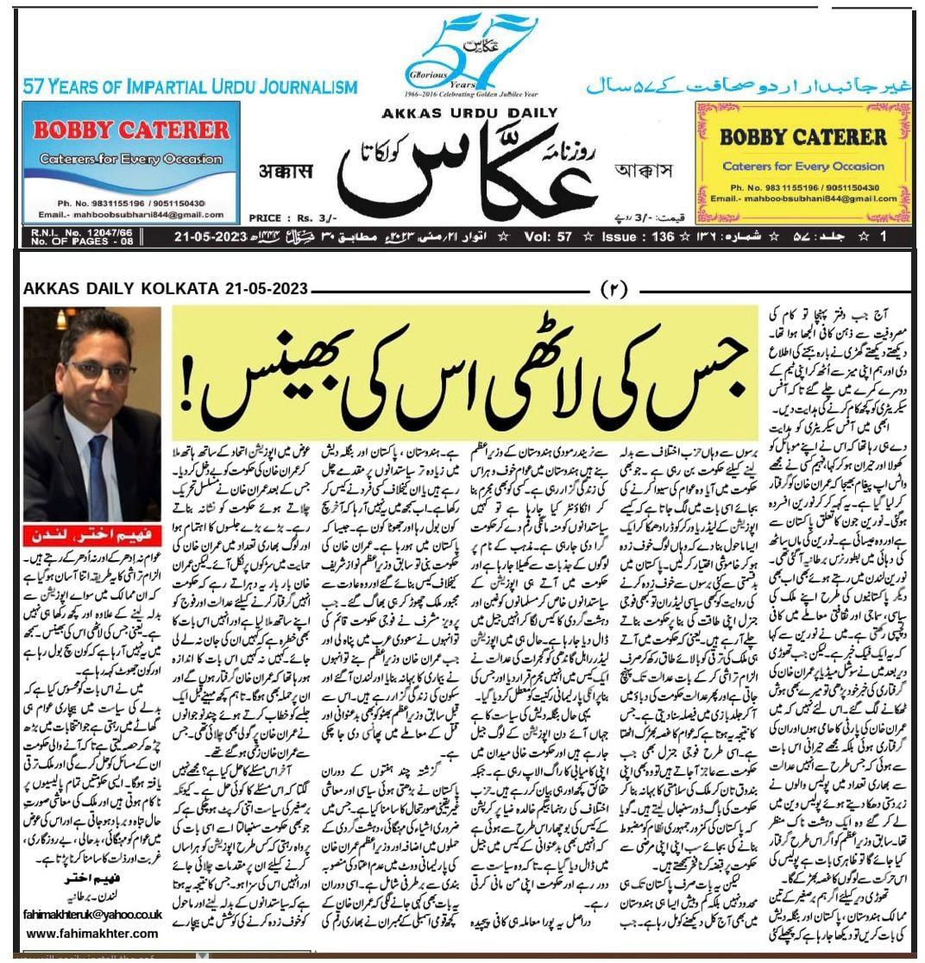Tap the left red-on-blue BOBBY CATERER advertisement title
tap(131, 131)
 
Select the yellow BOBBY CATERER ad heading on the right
tap(790, 136)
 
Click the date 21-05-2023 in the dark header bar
tap(212, 236)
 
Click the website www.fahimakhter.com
tap(92, 934)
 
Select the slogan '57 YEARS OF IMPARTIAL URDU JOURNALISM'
tap(190, 87)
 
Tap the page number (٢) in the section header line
tap(619, 288)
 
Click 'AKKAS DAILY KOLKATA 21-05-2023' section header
tap(166, 289)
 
